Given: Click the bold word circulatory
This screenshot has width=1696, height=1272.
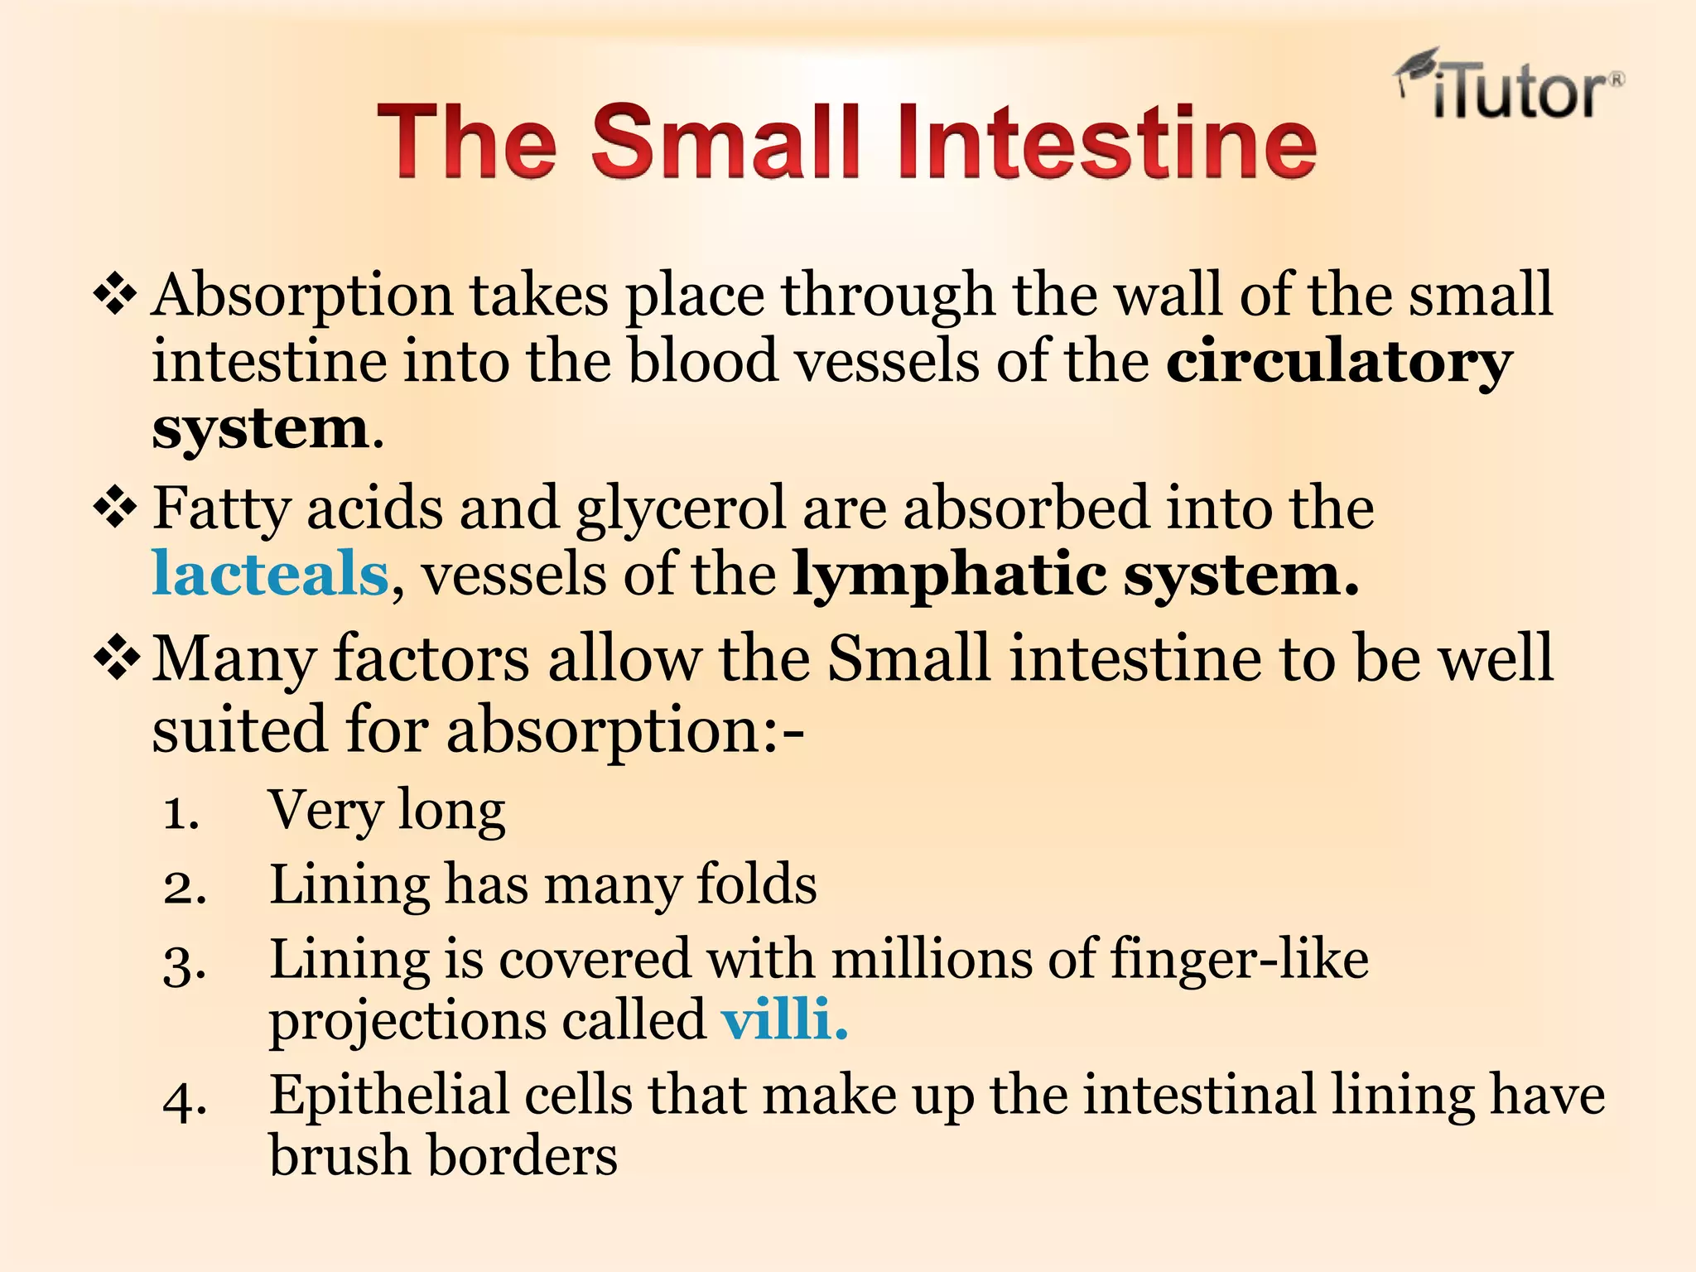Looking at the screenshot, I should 1339,362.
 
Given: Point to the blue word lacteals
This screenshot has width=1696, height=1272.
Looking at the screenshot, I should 270,574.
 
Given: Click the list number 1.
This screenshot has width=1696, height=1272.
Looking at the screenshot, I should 181,813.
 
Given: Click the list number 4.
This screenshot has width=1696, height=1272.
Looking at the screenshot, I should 185,1102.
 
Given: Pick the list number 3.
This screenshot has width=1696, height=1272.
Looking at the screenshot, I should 185,966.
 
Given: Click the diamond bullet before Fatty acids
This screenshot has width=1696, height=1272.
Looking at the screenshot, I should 115,508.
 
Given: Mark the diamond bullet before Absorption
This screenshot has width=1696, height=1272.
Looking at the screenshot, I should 115,296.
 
